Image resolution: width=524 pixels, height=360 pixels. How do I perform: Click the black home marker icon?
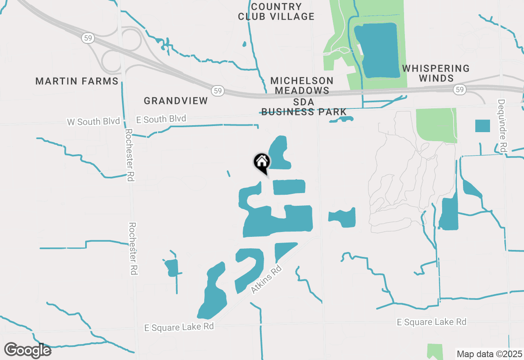[262, 163]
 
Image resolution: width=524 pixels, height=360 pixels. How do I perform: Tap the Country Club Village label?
[276, 11]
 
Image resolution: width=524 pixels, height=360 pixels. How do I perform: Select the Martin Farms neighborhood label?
[77, 81]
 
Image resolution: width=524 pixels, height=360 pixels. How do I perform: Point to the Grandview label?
[176, 101]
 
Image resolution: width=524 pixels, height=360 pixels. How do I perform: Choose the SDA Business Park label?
[304, 107]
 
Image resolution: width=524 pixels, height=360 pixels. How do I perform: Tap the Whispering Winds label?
[436, 73]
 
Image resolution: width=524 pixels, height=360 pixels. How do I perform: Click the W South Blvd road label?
[93, 122]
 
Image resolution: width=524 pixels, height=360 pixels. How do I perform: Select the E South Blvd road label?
[161, 119]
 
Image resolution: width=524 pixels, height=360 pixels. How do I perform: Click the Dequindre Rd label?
[502, 126]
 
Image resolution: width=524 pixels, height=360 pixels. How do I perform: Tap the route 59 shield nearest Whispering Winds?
[460, 89]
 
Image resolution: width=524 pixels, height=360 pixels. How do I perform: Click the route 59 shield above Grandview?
[217, 90]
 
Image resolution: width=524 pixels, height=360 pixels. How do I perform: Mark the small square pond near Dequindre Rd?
[482, 126]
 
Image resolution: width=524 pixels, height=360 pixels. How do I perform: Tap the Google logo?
[27, 350]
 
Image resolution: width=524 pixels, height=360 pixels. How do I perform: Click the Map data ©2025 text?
[489, 354]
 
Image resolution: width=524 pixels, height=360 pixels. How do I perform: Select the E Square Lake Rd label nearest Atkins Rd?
[179, 326]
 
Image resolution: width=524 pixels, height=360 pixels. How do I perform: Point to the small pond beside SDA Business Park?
[341, 119]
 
